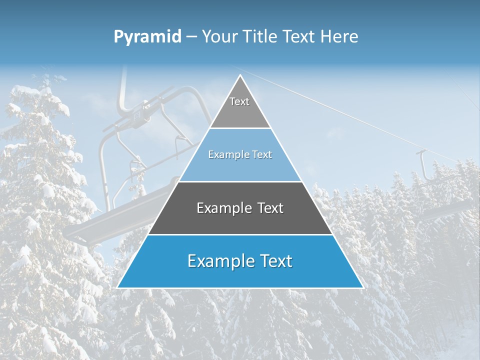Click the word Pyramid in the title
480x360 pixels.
[x=147, y=37]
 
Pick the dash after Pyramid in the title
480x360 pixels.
[x=191, y=37]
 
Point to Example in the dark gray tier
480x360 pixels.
[x=222, y=208]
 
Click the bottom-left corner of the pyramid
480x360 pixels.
[x=117, y=287]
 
